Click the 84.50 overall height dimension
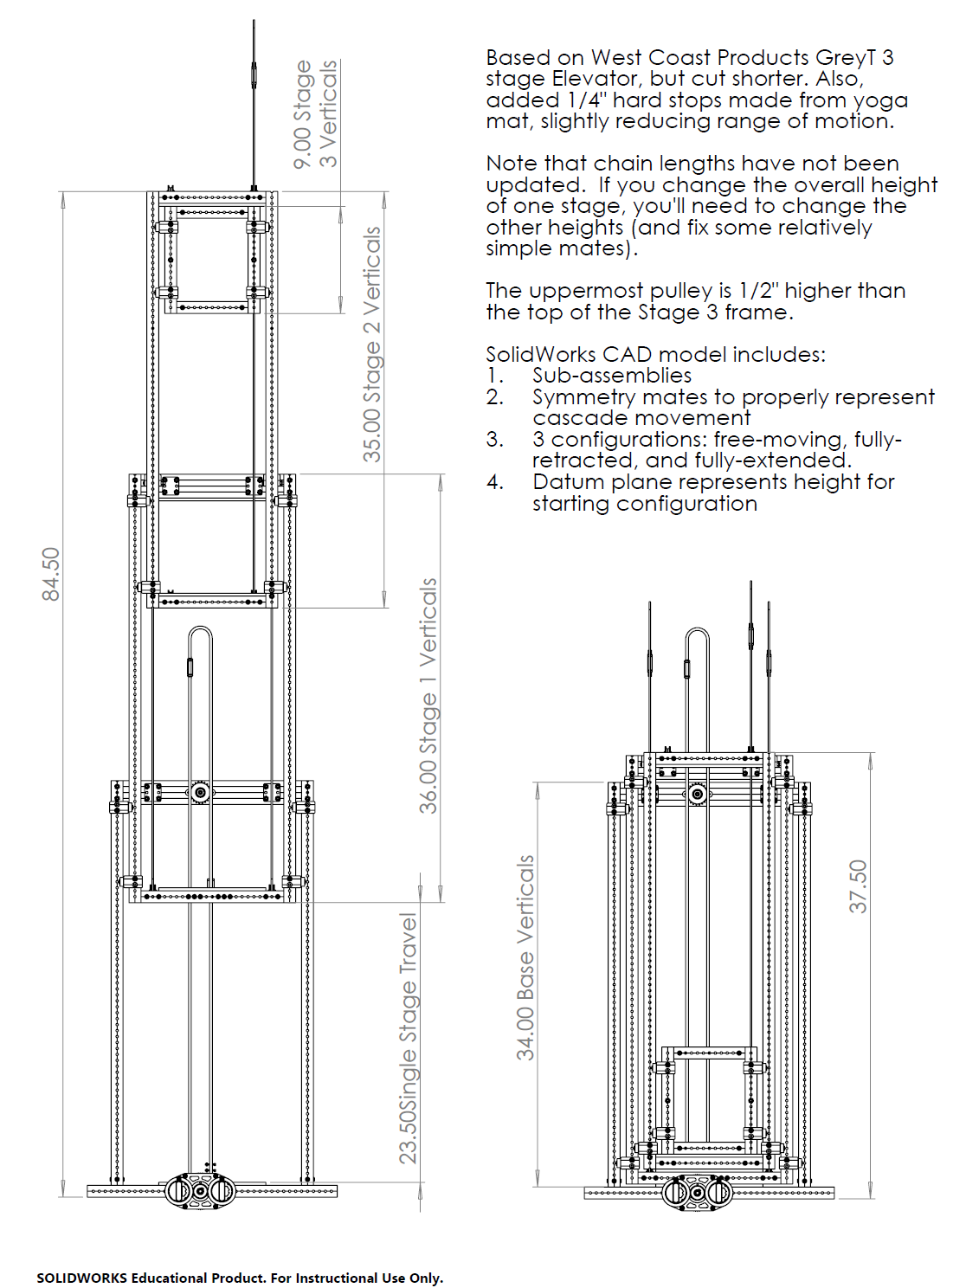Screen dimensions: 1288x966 click(51, 574)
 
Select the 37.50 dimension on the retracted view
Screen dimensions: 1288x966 click(857, 885)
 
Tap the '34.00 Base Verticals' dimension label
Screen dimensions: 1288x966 click(525, 957)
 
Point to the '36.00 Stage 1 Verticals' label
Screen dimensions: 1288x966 click(428, 696)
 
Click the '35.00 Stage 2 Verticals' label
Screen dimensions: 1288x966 click(372, 345)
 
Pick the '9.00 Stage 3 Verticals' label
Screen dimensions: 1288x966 click(315, 113)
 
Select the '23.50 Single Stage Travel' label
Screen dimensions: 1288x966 click(408, 1038)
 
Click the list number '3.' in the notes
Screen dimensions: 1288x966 click(494, 440)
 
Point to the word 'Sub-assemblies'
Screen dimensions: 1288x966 click(612, 376)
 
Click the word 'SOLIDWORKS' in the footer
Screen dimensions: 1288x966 click(81, 1278)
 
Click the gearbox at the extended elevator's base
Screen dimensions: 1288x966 click(200, 1191)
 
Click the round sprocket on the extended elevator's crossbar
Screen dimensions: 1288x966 click(200, 792)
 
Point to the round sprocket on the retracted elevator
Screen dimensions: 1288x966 click(697, 794)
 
